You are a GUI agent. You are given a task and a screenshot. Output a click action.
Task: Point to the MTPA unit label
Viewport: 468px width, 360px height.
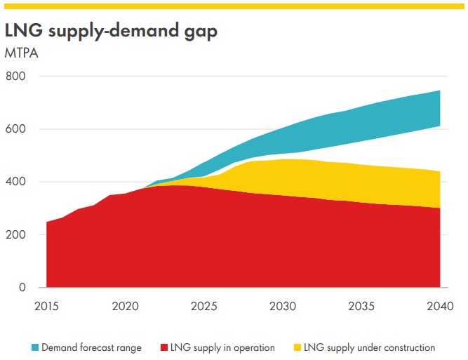click(21, 53)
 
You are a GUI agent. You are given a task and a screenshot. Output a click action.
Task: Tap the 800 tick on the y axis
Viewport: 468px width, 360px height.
click(17, 76)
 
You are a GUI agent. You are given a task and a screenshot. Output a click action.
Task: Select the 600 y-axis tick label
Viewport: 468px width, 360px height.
click(17, 129)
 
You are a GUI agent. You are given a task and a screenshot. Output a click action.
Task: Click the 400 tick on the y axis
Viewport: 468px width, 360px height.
click(17, 182)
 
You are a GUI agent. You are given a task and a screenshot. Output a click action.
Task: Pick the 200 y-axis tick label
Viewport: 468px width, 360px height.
click(17, 234)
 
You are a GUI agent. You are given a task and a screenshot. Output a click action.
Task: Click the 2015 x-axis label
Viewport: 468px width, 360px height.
click(46, 306)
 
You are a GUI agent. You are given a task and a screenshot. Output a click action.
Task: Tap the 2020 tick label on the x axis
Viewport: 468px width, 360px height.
click(125, 306)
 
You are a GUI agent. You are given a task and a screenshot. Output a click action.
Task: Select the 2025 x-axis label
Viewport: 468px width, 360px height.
click(203, 306)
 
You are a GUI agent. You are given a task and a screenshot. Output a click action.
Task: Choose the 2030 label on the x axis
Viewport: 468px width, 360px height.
click(282, 306)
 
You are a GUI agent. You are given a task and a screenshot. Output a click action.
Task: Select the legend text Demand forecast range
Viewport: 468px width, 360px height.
click(91, 347)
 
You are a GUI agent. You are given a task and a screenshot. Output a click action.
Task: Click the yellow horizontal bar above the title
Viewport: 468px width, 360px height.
click(234, 5)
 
